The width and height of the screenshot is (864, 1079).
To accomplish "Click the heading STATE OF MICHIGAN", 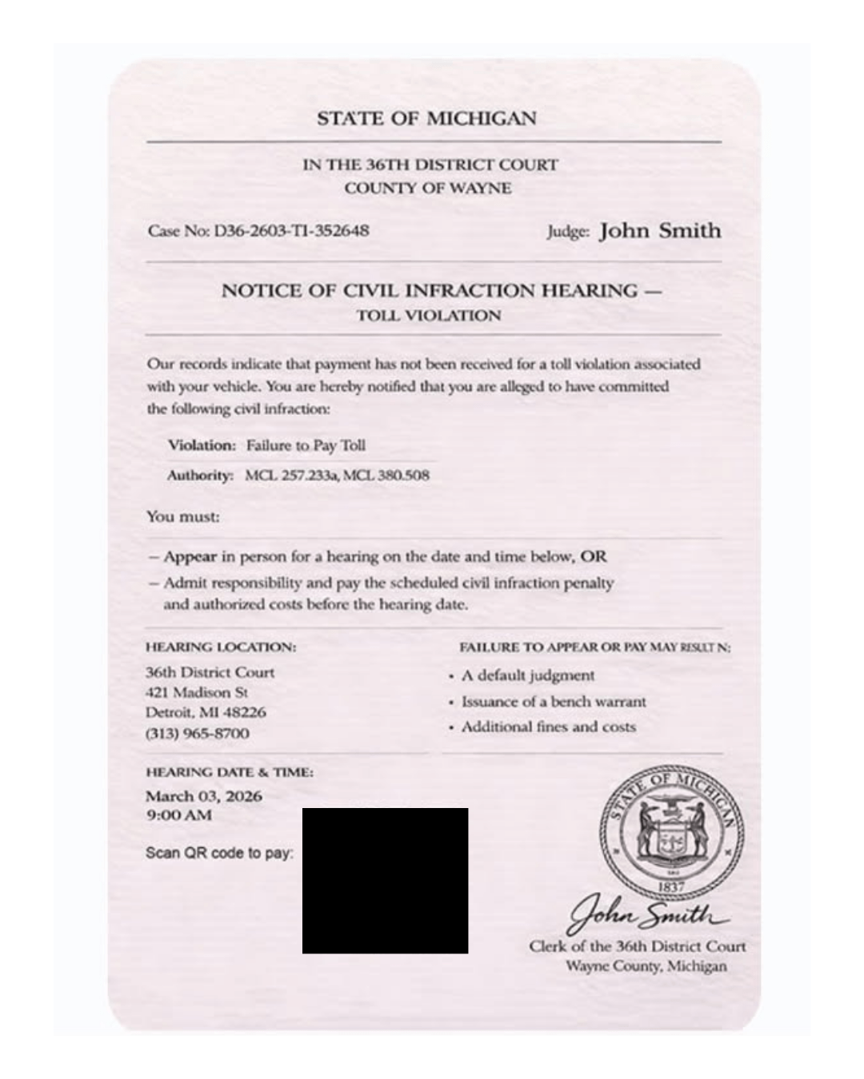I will coord(426,119).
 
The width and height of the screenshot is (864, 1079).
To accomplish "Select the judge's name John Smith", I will coord(660,231).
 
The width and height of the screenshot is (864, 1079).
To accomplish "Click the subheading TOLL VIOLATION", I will coord(429,316).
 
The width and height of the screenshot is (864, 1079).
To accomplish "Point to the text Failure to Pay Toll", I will coord(306,445).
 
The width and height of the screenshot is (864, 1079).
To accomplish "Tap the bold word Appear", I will coord(190,556).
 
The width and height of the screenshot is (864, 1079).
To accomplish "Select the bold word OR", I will coord(594,556).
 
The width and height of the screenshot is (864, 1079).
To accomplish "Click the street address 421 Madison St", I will coord(197,692).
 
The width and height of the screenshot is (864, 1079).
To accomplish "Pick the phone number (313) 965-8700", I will coord(197,733).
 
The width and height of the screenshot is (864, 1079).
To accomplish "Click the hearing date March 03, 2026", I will coord(204,796).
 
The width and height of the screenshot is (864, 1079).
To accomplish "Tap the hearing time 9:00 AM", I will coord(178,815).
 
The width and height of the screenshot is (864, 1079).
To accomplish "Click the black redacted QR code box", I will coord(385,881).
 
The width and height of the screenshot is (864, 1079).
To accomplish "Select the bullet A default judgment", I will coord(527,676).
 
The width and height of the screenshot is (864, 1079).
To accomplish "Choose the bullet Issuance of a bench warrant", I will coord(553,702).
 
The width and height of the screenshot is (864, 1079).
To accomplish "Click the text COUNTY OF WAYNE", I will coord(428,189).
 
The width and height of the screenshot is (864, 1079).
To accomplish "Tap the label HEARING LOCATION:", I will coord(221,647).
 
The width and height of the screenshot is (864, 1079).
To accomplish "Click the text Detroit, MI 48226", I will coord(206,712).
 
